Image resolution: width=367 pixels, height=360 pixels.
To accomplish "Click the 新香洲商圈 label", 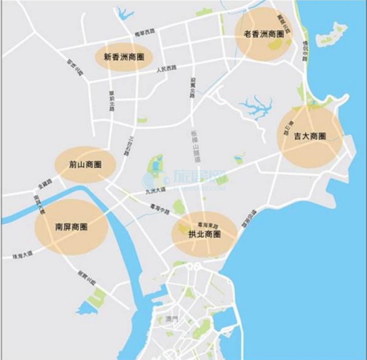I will pyautogui.click(x=123, y=57).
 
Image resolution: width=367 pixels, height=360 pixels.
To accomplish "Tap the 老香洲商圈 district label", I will pyautogui.click(x=264, y=34).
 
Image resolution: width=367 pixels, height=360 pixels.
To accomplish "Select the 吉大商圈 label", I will pyautogui.click(x=310, y=136).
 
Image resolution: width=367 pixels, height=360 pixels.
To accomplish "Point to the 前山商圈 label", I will pyautogui.click(x=85, y=165).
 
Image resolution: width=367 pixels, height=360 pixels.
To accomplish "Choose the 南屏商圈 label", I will pyautogui.click(x=71, y=227).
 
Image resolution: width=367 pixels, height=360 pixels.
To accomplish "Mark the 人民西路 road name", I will pyautogui.click(x=166, y=69).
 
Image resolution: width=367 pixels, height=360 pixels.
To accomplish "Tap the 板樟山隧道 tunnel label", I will pyautogui.click(x=195, y=147).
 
